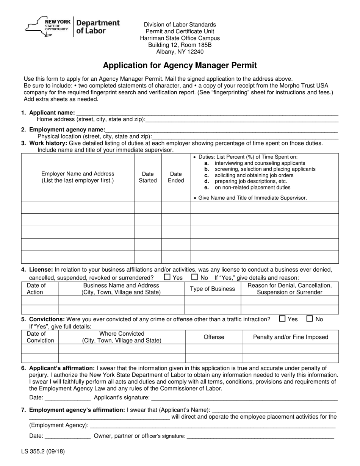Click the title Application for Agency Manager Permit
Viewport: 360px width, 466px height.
(180, 65)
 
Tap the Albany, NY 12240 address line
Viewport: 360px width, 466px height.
(180, 52)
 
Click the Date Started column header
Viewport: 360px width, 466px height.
(148, 177)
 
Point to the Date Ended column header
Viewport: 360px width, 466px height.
(176, 177)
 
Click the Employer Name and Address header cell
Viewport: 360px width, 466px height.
(78, 177)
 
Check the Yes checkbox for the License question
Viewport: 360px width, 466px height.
(167, 277)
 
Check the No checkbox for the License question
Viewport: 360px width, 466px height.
(195, 277)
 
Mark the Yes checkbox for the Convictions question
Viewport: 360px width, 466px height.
(282, 319)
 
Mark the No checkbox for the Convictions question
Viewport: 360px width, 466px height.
(310, 319)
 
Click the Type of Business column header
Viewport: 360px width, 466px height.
(212, 289)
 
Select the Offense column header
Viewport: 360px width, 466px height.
(214, 337)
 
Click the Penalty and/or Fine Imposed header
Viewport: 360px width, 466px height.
(290, 337)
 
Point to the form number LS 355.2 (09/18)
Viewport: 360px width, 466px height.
(43, 452)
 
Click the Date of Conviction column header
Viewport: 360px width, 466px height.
(40, 337)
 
